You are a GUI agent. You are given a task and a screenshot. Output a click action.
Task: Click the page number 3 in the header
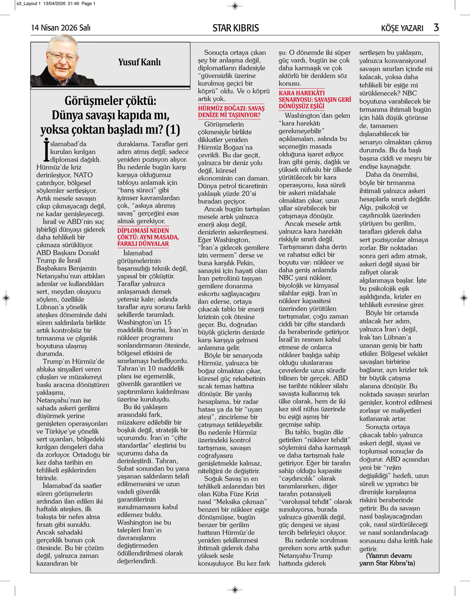coord(436,27)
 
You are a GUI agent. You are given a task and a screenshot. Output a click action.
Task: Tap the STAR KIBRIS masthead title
coord(235,28)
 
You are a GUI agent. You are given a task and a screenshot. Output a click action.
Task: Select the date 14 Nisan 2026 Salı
coord(61,28)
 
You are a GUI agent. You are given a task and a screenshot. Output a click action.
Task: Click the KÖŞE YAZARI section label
coord(402,28)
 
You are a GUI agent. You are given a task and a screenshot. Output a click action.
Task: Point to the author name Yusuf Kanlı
coord(139,62)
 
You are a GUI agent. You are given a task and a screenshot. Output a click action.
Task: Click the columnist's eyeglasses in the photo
coord(62,56)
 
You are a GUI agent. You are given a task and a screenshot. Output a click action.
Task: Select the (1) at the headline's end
coord(173,130)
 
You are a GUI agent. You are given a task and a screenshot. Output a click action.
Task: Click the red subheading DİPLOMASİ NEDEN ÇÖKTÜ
coord(148,237)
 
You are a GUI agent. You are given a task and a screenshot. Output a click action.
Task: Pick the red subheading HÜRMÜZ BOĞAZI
coord(231,112)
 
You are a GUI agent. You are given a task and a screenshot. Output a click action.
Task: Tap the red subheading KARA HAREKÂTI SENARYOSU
coord(314,99)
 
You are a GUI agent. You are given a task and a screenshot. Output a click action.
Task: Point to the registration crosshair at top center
coord(235,6)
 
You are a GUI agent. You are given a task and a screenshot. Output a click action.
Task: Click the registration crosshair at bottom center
coord(235,590)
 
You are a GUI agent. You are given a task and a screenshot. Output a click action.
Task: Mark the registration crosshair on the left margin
coord(6,298)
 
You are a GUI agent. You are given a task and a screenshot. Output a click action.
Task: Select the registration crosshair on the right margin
coord(464,298)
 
